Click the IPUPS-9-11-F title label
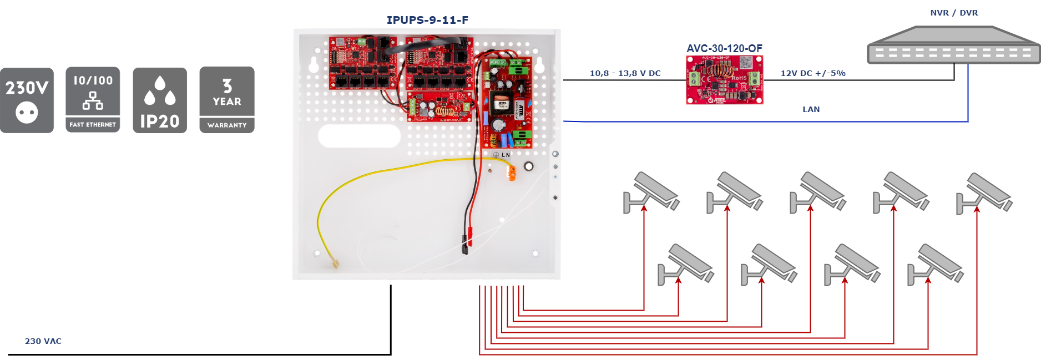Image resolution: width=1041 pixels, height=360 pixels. click(427, 20)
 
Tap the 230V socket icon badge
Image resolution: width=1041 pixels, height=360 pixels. click(27, 100)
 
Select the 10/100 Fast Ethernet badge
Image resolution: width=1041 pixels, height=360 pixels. click(93, 100)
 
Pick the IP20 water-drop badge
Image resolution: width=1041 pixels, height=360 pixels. click(160, 100)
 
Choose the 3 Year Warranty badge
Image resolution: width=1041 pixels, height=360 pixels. click(227, 100)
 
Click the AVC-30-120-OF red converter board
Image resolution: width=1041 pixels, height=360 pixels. click(724, 80)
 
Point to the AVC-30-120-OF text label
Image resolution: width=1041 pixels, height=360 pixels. click(724, 48)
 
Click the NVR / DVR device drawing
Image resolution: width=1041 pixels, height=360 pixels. click(953, 47)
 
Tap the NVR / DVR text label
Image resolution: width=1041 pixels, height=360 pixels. click(954, 13)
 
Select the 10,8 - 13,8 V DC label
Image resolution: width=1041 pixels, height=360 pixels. click(625, 73)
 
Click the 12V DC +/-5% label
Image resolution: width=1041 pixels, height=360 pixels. click(813, 73)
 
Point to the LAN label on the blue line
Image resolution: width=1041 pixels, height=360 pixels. click(811, 109)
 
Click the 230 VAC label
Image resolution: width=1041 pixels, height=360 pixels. click(43, 341)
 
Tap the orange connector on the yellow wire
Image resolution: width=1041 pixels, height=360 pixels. click(512, 174)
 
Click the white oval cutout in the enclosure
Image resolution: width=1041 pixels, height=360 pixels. click(359, 136)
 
